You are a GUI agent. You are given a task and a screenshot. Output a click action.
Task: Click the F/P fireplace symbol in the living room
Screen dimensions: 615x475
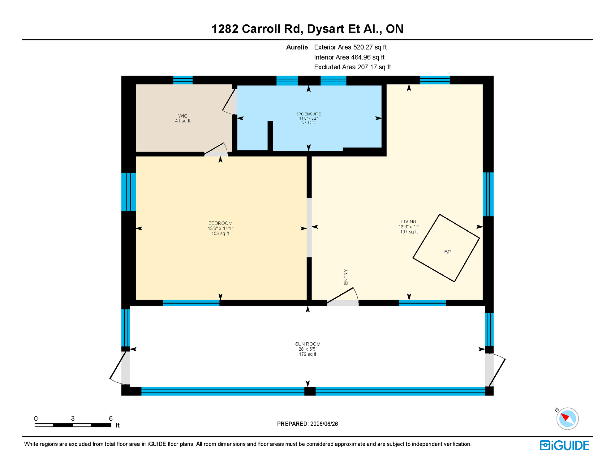pos(446,248)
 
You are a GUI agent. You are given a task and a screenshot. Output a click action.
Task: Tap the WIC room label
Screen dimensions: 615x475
pos(183,116)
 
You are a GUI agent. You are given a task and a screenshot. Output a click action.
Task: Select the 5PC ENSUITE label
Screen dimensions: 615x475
pos(308,114)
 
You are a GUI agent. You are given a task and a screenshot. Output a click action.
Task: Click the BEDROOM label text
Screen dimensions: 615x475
pos(220,223)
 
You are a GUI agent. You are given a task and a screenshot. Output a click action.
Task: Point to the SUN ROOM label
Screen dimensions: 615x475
pos(308,344)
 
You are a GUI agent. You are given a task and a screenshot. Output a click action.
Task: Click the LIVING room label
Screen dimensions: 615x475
pos(409,221)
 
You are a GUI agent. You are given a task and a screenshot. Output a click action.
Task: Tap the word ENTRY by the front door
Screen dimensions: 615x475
pos(346,277)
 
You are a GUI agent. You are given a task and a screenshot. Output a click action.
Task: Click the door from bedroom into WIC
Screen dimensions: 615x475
pos(216,150)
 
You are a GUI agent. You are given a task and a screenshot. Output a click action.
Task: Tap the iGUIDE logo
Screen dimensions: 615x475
pos(565,445)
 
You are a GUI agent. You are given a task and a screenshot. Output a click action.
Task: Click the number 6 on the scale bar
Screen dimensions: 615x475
pos(111,418)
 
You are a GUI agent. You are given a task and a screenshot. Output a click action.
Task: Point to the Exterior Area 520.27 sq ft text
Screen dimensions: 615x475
pos(351,47)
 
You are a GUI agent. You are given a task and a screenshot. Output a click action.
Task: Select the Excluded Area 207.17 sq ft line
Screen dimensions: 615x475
pos(352,67)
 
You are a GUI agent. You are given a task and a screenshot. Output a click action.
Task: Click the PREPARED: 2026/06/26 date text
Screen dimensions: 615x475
pos(307,424)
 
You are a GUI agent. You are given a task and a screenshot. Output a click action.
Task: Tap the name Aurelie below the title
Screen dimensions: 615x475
pos(297,47)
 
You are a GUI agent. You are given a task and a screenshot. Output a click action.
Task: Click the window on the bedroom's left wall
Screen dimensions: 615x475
pos(128,192)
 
